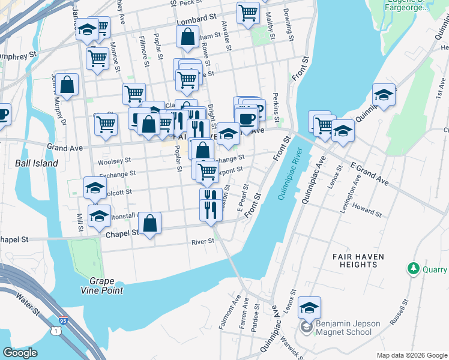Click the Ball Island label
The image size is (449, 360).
coord(37,163)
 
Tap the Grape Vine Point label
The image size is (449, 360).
coord(106,286)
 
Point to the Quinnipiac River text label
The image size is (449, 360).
coord(288,173)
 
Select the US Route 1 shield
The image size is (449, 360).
coord(56,331)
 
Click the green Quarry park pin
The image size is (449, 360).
coord(413,268)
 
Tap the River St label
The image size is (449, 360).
coord(202,242)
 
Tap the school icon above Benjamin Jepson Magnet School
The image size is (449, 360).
coord(309,308)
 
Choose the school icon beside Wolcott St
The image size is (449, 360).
coord(95,188)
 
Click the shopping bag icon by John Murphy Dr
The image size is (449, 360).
coord(67,85)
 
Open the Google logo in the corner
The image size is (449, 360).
coord(20,353)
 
